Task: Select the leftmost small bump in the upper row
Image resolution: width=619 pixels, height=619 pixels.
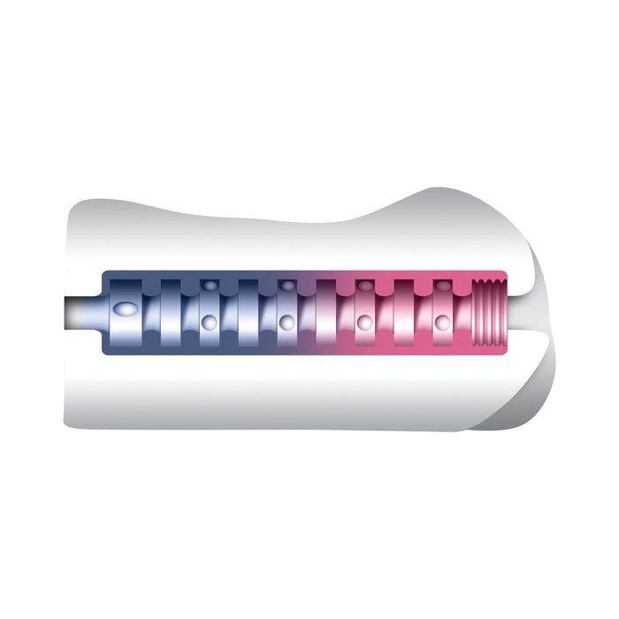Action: [x=209, y=286]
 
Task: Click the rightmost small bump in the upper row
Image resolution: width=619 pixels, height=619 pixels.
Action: [x=442, y=286]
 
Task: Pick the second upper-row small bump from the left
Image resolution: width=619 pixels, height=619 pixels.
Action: [x=287, y=286]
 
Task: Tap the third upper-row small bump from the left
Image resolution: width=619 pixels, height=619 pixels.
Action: [x=364, y=286]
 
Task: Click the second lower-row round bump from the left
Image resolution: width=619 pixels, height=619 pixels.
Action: [x=286, y=322]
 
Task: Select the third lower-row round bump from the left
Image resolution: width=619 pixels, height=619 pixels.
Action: [x=363, y=324]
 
